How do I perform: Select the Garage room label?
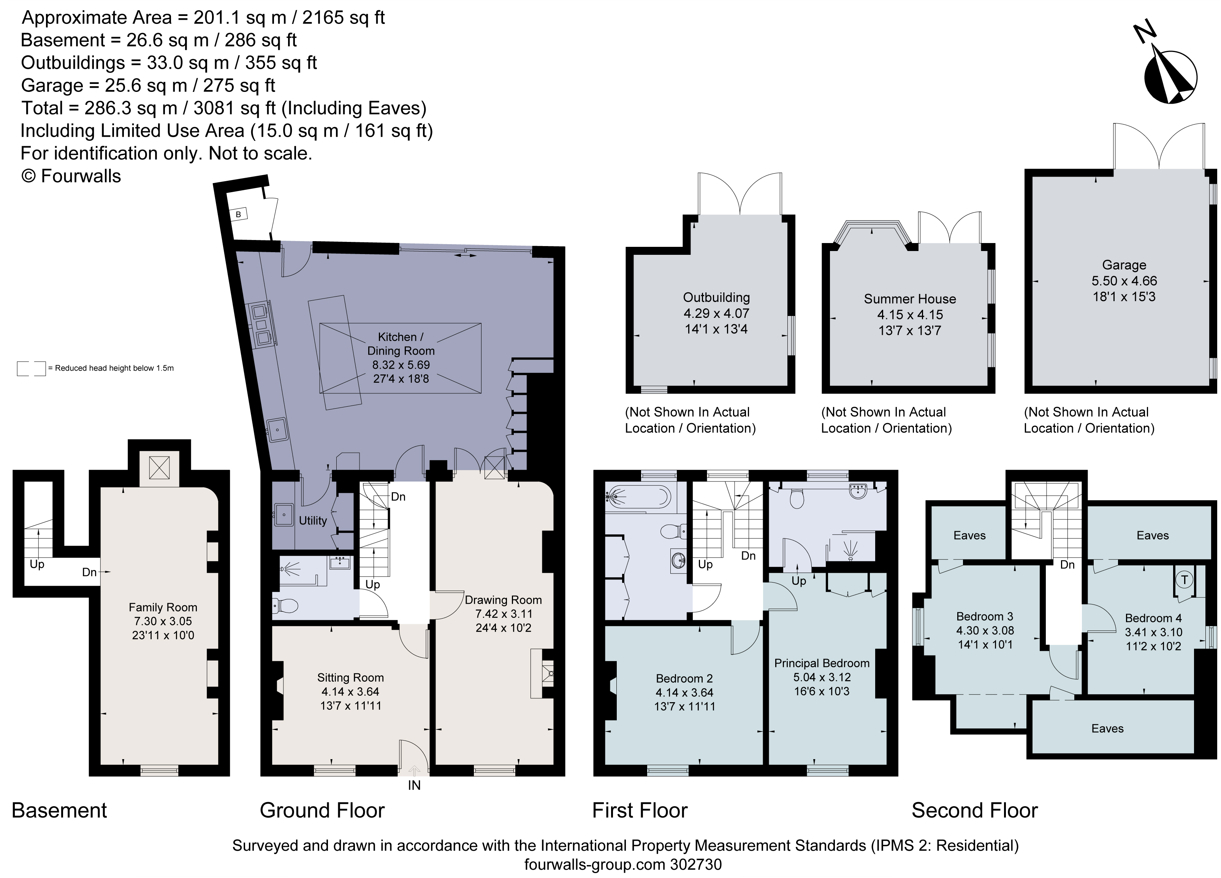coord(1124,265)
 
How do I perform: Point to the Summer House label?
coord(910,299)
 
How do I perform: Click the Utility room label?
coord(313,521)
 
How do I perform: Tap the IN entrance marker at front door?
coord(414,785)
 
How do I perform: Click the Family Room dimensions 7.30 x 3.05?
coord(163,621)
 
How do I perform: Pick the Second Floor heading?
coord(974,811)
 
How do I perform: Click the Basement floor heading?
coord(59,811)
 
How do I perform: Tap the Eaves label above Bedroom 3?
coord(969,535)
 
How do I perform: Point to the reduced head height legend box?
coord(31,368)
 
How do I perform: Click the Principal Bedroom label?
coord(822,663)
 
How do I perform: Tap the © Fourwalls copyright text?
coord(71,177)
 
